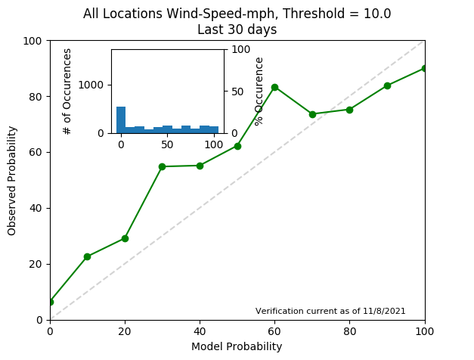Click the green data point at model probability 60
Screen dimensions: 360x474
(x=274, y=87)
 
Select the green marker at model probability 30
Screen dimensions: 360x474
(x=162, y=166)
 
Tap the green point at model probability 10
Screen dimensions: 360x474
(x=87, y=256)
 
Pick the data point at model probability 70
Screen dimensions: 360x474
(x=312, y=114)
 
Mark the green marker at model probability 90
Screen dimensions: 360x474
(x=387, y=85)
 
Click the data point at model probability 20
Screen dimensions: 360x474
(x=125, y=238)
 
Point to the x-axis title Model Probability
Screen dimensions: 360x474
(x=237, y=346)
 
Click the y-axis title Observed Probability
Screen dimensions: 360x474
(x=12, y=180)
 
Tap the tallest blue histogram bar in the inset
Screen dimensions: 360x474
(x=121, y=119)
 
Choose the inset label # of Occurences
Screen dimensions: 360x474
(x=67, y=91)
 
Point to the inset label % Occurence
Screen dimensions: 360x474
(x=259, y=91)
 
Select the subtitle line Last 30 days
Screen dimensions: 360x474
(x=237, y=29)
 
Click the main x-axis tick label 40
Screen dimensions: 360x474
(x=200, y=331)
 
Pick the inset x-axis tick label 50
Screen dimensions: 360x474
(x=167, y=144)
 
